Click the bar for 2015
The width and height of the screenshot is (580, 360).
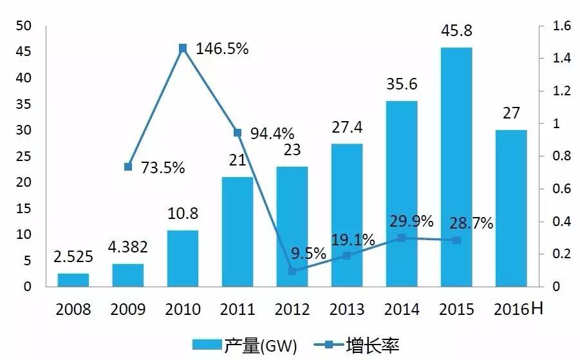click(x=456, y=167)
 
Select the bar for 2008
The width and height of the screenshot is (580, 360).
click(x=73, y=280)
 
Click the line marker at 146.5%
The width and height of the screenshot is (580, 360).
click(x=183, y=48)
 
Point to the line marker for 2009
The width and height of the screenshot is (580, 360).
click(x=128, y=167)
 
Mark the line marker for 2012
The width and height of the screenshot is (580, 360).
click(x=292, y=271)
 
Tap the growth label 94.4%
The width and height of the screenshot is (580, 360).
click(x=272, y=134)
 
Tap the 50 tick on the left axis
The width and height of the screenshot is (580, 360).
click(x=24, y=26)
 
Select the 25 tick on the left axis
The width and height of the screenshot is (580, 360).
click(x=24, y=156)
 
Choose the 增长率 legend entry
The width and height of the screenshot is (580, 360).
click(x=358, y=346)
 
